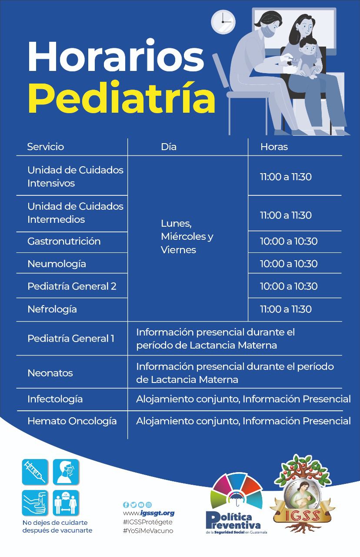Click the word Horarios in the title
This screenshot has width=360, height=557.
click(116, 57)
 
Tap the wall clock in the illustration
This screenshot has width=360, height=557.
click(223, 21)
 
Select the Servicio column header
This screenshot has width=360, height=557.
click(45, 147)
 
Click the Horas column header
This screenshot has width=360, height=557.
click(274, 147)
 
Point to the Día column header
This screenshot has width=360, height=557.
click(169, 147)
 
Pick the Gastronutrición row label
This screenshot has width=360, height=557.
click(64, 241)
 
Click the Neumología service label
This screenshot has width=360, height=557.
click(57, 264)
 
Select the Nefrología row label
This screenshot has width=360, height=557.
click(52, 309)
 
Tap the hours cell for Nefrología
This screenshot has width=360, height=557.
click(286, 309)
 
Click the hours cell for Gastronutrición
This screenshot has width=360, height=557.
click(289, 241)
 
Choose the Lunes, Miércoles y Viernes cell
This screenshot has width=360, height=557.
click(187, 237)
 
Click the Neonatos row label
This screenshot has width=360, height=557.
click(50, 373)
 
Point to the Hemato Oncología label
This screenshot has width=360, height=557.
click(72, 421)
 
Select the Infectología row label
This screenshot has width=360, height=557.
click(55, 399)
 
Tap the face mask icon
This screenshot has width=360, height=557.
click(66, 472)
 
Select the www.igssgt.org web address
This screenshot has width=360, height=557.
click(149, 513)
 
